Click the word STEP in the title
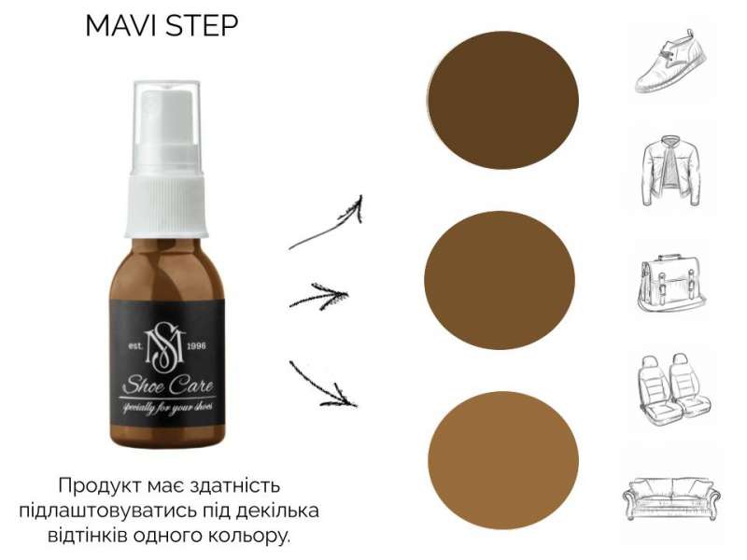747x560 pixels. click(201, 25)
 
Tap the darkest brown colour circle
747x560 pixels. click(503, 100)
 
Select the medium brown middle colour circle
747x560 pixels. click(500, 280)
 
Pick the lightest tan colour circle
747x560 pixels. click(503, 460)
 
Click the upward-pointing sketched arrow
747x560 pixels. click(329, 225)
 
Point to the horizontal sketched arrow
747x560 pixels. click(319, 296)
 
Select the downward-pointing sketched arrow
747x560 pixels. click(324, 385)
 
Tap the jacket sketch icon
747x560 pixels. click(670, 171)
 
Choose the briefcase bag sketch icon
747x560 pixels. click(671, 283)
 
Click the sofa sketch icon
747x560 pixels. click(671, 497)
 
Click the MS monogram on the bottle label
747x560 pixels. click(165, 346)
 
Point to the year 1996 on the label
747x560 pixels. click(197, 345)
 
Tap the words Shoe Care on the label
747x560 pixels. click(168, 385)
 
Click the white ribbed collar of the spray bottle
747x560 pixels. click(166, 206)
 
